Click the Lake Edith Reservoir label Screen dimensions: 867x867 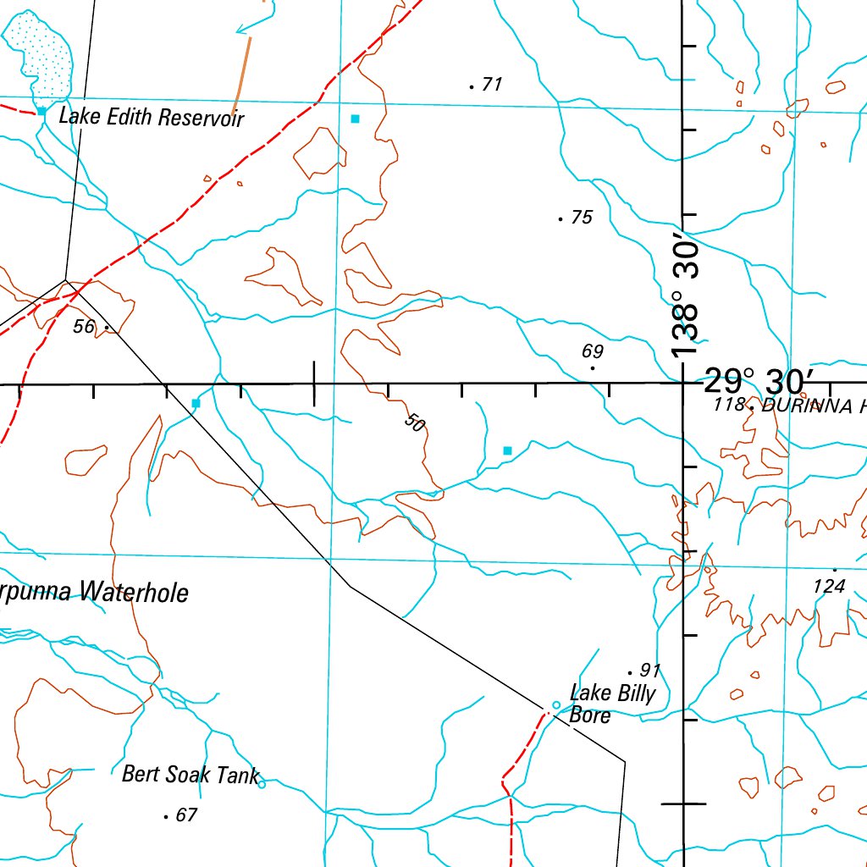click(151, 117)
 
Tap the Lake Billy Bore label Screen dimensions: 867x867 click(612, 704)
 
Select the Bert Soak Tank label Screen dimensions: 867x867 click(191, 774)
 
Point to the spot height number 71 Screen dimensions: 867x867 click(492, 84)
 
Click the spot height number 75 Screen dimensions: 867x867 click(582, 218)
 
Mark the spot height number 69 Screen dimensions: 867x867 click(593, 351)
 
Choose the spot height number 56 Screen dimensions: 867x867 click(84, 326)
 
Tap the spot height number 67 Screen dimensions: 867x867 click(186, 815)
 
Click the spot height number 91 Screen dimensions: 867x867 click(649, 671)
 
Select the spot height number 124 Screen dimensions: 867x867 click(829, 586)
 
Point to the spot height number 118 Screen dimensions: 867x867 click(728, 406)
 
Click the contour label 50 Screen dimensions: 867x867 click(413, 422)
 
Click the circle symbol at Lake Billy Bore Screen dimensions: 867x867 click(556, 705)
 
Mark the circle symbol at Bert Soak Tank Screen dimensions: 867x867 click(262, 784)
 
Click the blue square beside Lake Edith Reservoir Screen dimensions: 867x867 click(41, 111)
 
